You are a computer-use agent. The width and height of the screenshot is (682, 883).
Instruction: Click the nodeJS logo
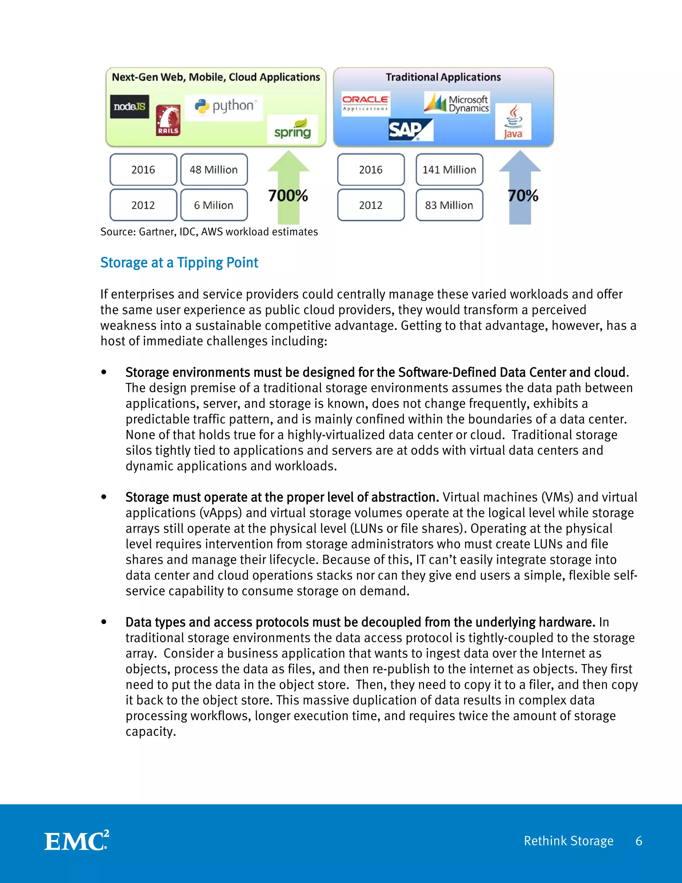(x=129, y=107)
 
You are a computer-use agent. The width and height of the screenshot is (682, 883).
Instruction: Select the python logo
(x=224, y=107)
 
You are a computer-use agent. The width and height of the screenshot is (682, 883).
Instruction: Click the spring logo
(x=292, y=130)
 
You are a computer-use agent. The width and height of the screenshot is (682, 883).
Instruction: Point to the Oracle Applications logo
(x=365, y=103)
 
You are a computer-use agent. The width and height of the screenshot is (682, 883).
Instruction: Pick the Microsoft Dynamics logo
(x=457, y=103)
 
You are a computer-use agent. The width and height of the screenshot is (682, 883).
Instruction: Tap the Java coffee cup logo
(x=513, y=121)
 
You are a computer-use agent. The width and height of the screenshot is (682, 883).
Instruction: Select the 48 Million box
(x=214, y=169)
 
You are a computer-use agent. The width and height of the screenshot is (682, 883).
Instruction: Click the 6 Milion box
(x=214, y=205)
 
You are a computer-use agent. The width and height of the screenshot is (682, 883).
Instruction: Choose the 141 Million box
(x=449, y=169)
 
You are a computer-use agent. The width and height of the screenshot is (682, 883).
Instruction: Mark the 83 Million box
(x=449, y=205)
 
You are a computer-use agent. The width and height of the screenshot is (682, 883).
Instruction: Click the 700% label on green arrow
(x=288, y=196)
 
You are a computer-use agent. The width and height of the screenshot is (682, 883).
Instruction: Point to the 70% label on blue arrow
(x=523, y=196)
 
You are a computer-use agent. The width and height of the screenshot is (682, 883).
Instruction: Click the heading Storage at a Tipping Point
(x=179, y=263)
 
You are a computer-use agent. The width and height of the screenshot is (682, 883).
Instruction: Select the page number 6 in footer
(x=639, y=841)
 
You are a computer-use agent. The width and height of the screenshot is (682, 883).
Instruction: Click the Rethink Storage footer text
(x=568, y=841)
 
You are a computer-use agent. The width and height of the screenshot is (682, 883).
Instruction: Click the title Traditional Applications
(x=443, y=77)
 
